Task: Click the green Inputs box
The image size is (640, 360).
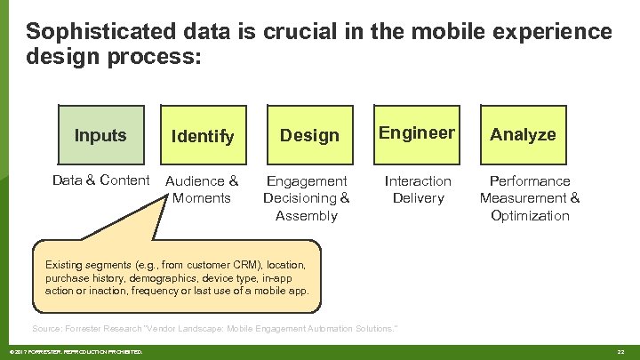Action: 100,135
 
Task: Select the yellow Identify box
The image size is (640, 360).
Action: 203,135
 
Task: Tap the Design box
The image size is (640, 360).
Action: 309,135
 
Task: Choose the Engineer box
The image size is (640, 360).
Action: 417,133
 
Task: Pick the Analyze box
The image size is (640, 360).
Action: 523,135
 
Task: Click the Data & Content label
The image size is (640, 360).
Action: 100,180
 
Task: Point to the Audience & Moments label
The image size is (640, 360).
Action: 203,189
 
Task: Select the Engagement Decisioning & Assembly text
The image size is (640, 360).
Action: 307,198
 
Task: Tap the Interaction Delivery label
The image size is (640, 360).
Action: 417,189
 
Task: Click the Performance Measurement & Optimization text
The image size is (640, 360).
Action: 529,198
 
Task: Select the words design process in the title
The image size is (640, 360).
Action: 114,58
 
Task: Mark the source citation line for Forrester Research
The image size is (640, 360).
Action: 214,329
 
